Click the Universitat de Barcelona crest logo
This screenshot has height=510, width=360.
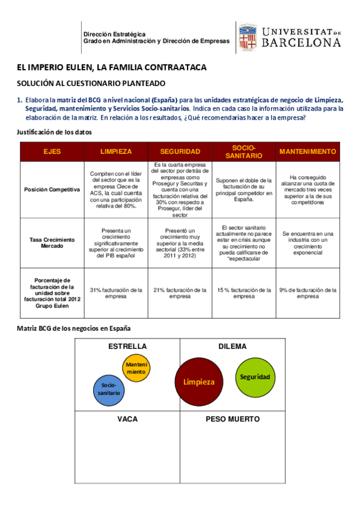tap(246, 37)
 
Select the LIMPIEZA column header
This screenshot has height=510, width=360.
tap(116, 152)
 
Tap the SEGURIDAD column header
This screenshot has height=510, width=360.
tap(180, 152)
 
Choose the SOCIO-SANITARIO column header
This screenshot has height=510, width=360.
tap(243, 152)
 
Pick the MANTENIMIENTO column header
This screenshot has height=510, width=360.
tap(308, 152)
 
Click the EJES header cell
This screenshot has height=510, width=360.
tap(52, 152)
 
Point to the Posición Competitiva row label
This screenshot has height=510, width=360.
tap(52, 189)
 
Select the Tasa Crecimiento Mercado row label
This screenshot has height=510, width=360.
tap(52, 242)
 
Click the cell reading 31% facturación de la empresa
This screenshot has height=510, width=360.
tap(116, 293)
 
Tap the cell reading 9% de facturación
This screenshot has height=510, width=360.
tap(308, 293)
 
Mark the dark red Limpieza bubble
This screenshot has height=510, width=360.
tap(199, 382)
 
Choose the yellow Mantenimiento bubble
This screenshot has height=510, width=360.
tap(136, 368)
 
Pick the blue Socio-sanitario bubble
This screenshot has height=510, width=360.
tap(109, 389)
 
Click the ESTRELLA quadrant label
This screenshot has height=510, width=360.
tap(127, 346)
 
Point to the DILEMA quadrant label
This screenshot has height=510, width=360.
tap(233, 346)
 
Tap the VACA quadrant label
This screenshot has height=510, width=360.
tap(127, 419)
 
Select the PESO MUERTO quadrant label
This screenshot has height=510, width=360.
tap(233, 419)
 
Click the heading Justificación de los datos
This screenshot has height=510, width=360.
tap(54, 132)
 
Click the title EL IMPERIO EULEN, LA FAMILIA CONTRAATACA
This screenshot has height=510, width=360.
tap(112, 67)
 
